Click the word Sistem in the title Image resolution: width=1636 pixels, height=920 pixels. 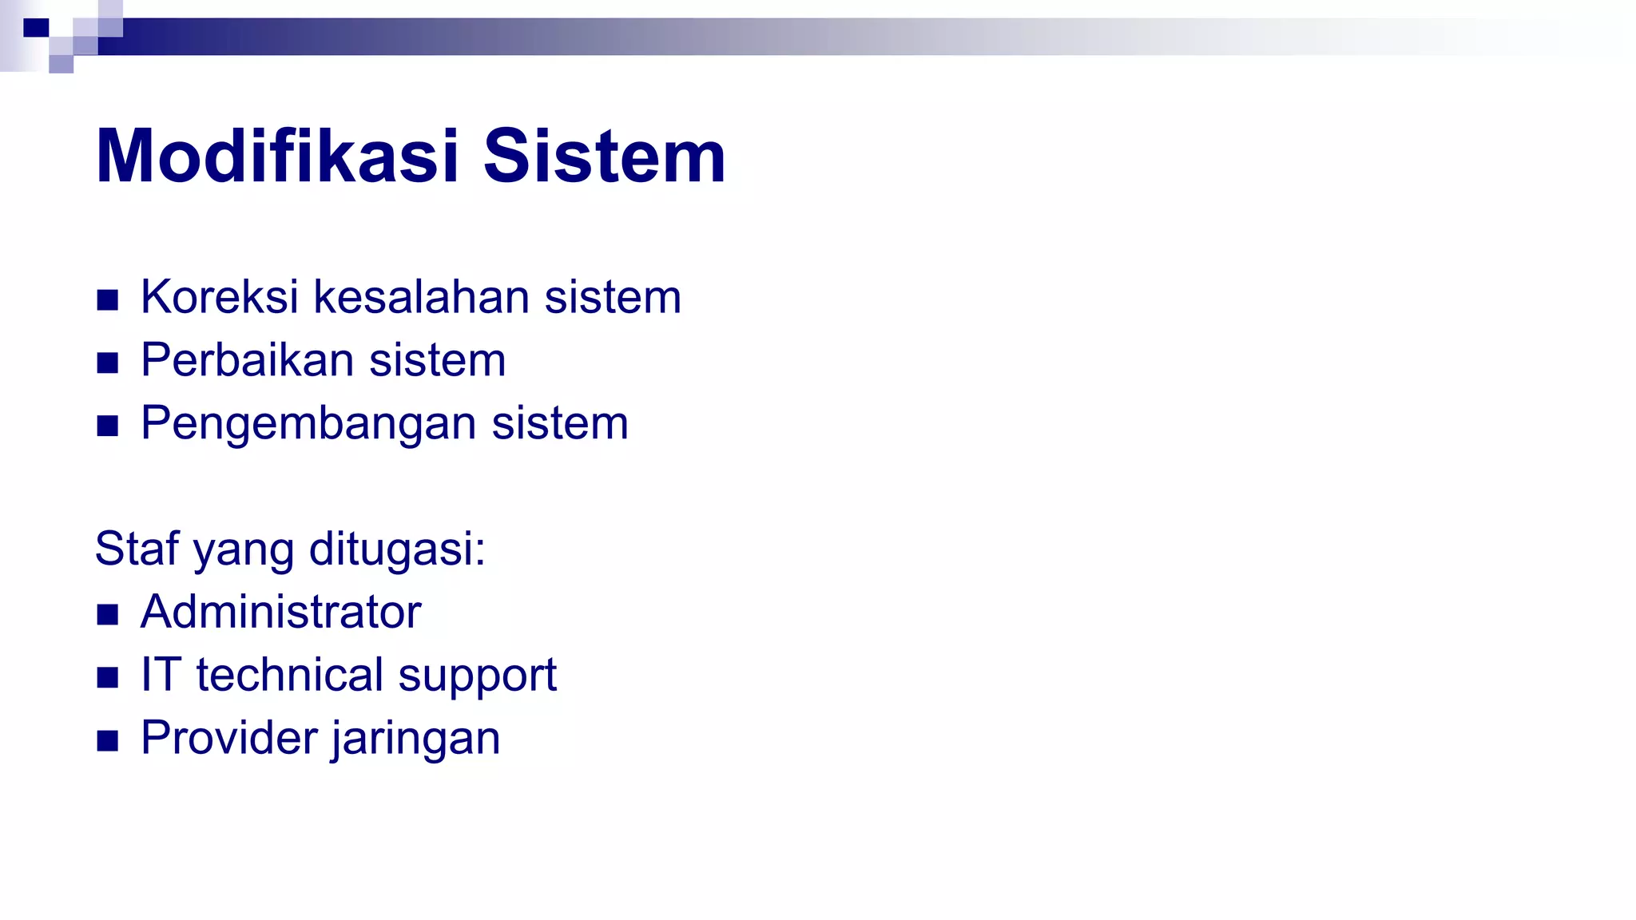[x=604, y=157]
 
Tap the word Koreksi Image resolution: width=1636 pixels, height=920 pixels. [x=220, y=297]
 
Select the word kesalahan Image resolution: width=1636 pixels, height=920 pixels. [x=421, y=297]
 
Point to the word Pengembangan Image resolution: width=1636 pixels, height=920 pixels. [x=308, y=423]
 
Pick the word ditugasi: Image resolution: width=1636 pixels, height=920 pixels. [x=397, y=550]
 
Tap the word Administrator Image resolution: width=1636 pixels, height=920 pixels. [x=280, y=612]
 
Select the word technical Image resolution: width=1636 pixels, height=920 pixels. [x=290, y=675]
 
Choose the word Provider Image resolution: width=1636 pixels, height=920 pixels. [x=229, y=738]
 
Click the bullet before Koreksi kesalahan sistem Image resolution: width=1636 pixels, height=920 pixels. [x=107, y=300]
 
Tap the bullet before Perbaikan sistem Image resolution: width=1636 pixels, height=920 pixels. [x=107, y=363]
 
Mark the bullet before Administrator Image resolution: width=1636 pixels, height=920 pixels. [x=107, y=615]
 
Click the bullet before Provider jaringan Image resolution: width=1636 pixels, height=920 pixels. [x=107, y=741]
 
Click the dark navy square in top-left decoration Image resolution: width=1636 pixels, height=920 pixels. [x=36, y=28]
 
